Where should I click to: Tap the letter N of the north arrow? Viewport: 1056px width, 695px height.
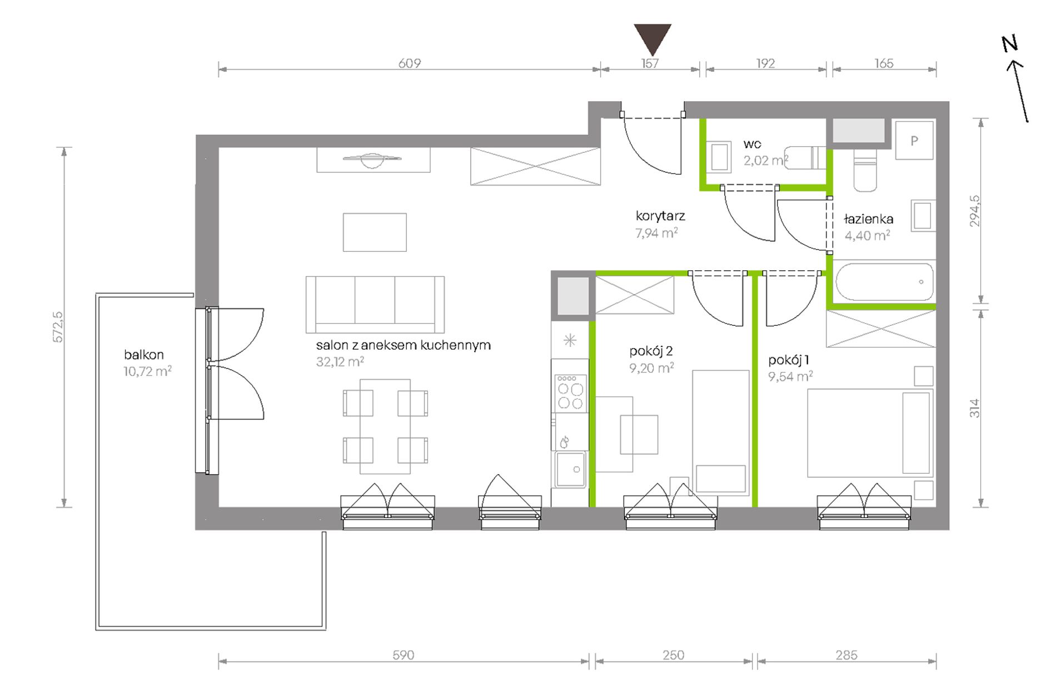click(1009, 43)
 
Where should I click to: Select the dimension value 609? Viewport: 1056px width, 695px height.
click(410, 63)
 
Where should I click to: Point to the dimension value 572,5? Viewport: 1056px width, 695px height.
click(58, 327)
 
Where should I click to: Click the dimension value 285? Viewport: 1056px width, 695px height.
click(846, 655)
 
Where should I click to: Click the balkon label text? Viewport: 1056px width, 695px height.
click(144, 355)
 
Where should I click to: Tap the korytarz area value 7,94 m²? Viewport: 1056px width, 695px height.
click(656, 233)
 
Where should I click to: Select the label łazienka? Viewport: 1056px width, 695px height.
click(868, 219)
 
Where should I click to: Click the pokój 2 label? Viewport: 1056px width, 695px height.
click(651, 351)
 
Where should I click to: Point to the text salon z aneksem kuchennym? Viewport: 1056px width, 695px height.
click(404, 345)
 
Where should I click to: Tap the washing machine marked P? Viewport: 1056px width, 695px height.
click(914, 141)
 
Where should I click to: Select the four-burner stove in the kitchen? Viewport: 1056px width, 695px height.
click(570, 393)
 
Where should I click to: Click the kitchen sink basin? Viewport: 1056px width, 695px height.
click(570, 469)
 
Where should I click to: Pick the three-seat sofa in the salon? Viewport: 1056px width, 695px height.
click(375, 304)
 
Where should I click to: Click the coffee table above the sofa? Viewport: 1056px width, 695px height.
click(375, 232)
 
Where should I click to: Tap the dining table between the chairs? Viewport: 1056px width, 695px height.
click(385, 426)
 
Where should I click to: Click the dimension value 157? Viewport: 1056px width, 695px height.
click(650, 63)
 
